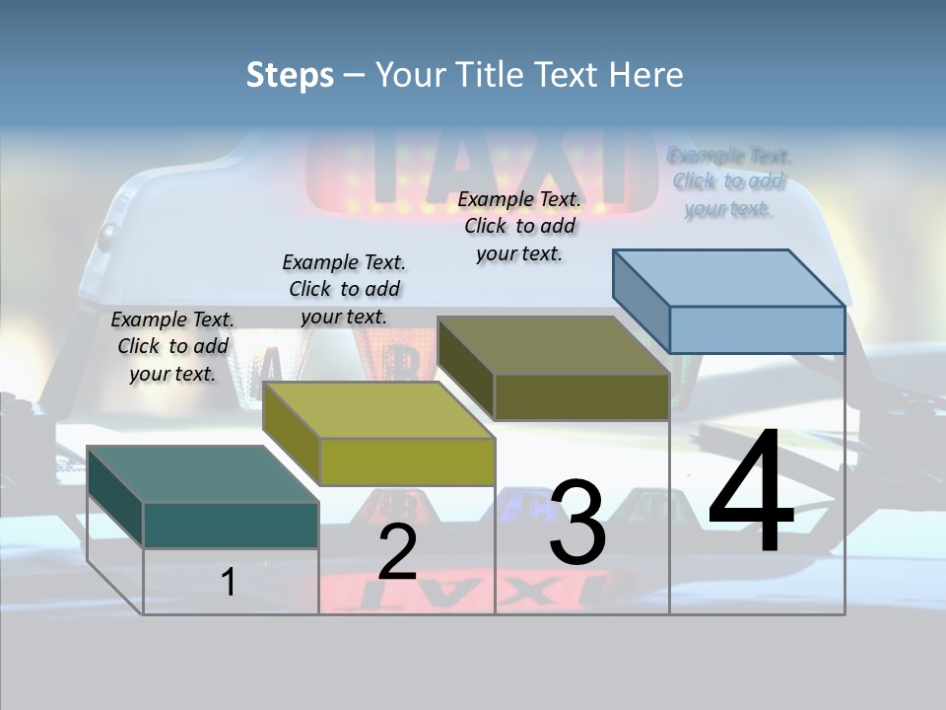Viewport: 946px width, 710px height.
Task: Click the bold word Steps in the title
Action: click(290, 75)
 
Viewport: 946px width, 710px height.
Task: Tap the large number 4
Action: click(751, 493)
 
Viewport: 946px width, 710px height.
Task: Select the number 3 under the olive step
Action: click(577, 523)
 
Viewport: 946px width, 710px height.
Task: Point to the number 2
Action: click(397, 552)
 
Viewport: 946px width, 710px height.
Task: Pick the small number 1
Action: click(228, 582)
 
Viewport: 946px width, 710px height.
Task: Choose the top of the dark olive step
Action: click(553, 345)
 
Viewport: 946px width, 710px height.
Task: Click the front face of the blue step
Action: click(757, 329)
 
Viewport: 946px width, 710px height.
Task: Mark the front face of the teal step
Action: click(231, 525)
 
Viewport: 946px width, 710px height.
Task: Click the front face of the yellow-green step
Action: click(407, 461)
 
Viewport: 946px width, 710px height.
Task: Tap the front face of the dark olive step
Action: click(581, 396)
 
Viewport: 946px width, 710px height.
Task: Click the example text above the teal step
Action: click(172, 346)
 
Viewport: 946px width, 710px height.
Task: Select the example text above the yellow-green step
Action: click(344, 289)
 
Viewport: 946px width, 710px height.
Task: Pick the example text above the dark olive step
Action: click(519, 226)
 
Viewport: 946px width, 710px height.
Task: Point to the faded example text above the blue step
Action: click(729, 181)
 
